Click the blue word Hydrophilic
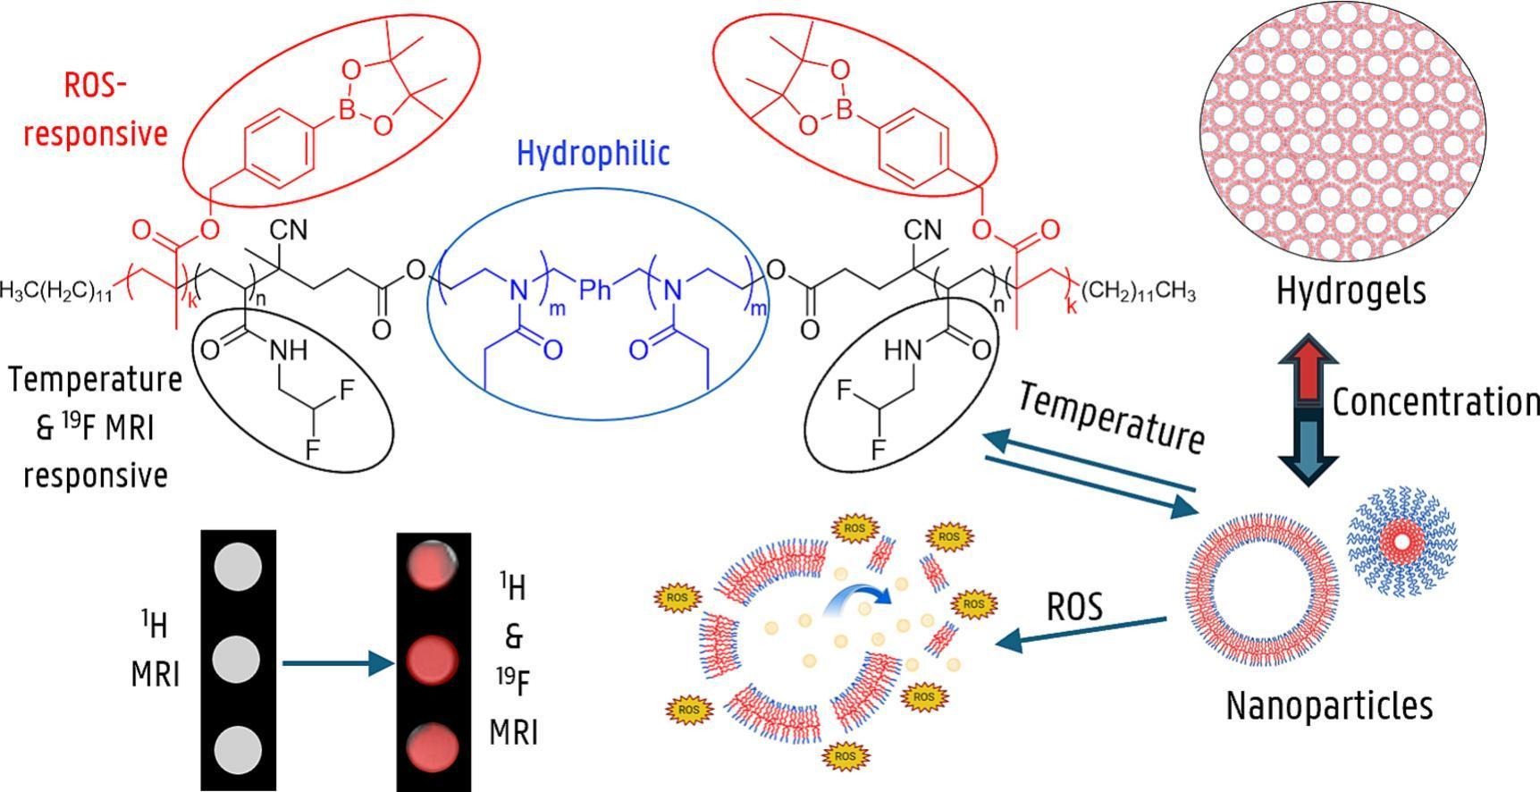(x=593, y=154)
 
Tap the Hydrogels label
(x=1351, y=291)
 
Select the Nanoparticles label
(x=1329, y=705)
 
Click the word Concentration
(x=1435, y=402)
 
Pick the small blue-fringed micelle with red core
(x=1402, y=542)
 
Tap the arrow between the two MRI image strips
(x=337, y=663)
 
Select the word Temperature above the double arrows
(x=1111, y=417)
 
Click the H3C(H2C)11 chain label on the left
(x=56, y=291)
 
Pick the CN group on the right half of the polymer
(x=923, y=230)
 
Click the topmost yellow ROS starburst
(x=854, y=528)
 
